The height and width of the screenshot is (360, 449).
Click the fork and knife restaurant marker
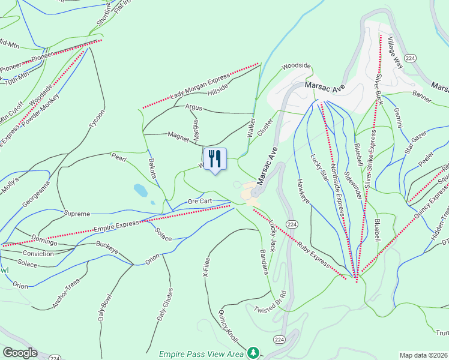click(x=215, y=159)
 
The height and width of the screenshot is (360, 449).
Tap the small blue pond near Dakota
click(x=140, y=190)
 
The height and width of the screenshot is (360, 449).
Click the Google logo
click(x=20, y=353)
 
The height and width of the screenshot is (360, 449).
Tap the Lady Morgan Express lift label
click(x=200, y=88)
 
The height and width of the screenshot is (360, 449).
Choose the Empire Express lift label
click(x=116, y=226)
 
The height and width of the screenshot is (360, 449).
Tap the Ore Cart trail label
click(x=200, y=201)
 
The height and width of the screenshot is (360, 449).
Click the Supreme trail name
click(x=77, y=214)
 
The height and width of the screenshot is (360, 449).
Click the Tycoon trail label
click(x=97, y=119)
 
